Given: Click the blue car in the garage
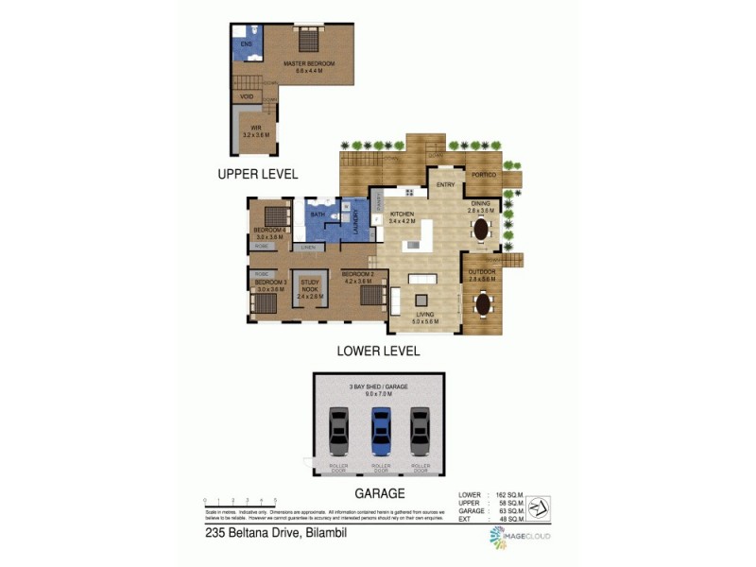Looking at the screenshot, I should pyautogui.click(x=380, y=431).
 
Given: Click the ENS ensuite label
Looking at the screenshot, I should pyautogui.click(x=247, y=44).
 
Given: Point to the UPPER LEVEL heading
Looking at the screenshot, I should pyautogui.click(x=258, y=174).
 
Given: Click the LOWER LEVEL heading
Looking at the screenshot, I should pyautogui.click(x=378, y=351).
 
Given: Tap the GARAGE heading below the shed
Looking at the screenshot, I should pyautogui.click(x=380, y=493).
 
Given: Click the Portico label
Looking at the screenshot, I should pyautogui.click(x=485, y=176).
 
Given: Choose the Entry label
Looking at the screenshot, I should pyautogui.click(x=446, y=184).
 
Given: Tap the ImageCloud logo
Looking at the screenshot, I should pyautogui.click(x=519, y=536).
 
